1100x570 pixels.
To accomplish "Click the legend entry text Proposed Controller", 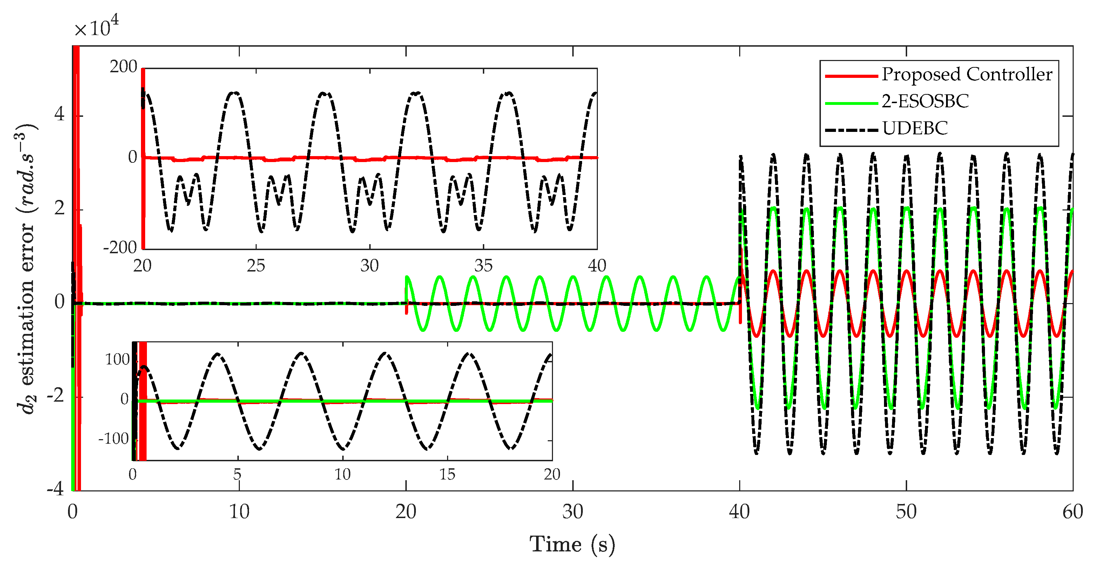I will pyautogui.click(x=967, y=74).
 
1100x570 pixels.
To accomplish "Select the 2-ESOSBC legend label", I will pyautogui.click(x=925, y=101).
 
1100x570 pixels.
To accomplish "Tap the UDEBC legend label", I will pyautogui.click(x=915, y=128).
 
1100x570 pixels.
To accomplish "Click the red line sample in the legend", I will pyautogui.click(x=851, y=76).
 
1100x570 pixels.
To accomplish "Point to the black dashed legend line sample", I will pyautogui.click(x=851, y=129).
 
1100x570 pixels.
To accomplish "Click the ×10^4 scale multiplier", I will pyautogui.click(x=96, y=27).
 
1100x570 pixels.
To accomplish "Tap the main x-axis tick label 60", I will pyautogui.click(x=1072, y=511).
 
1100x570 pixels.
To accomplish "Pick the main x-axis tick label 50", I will pyautogui.click(x=906, y=511).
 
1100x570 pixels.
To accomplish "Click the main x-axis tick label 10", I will pyautogui.click(x=239, y=511).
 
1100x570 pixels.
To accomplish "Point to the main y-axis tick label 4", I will pyautogui.click(x=59, y=114).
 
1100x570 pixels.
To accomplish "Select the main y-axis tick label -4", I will pyautogui.click(x=55, y=488).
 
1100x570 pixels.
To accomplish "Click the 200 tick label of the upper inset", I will pyautogui.click(x=123, y=67).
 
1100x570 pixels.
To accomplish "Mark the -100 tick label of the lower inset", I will pyautogui.click(x=114, y=438).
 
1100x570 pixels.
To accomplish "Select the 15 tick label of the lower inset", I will pyautogui.click(x=447, y=474).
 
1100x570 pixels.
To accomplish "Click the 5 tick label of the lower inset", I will pyautogui.click(x=237, y=474).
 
